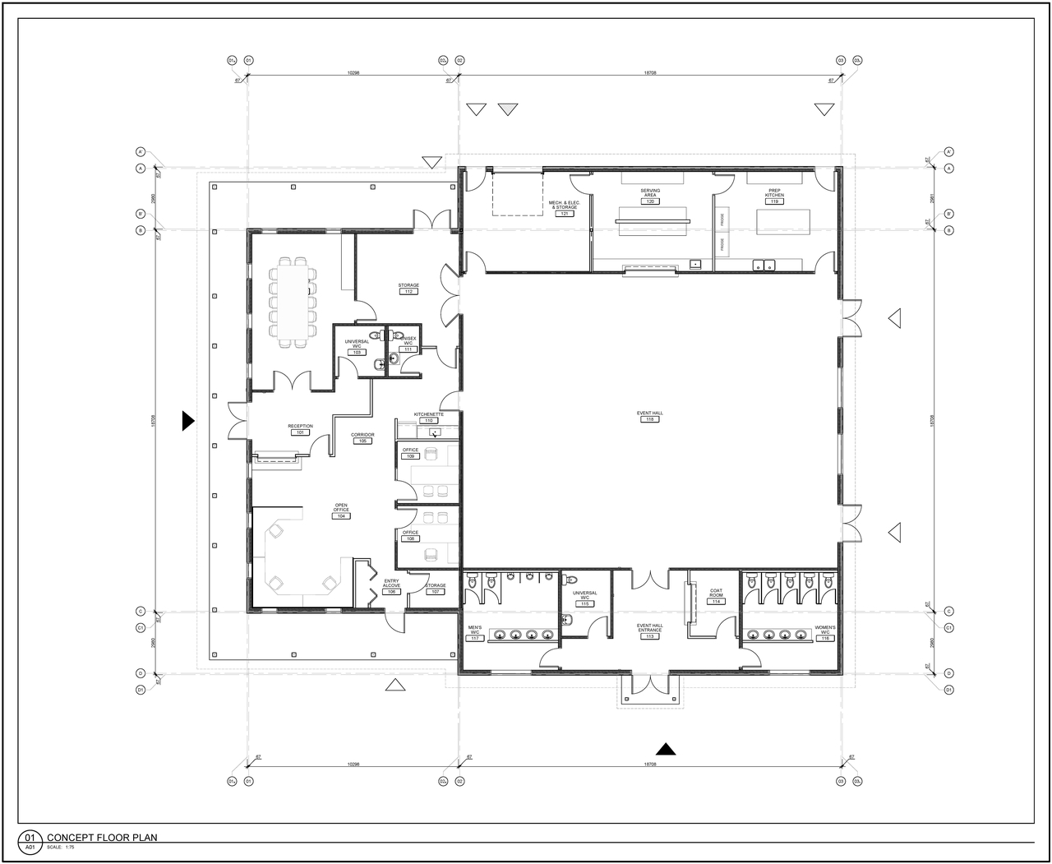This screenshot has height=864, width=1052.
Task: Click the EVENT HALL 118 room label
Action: point(649,416)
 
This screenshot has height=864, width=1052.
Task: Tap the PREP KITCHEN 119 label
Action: point(774,196)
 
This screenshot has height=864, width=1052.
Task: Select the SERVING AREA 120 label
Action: point(650,196)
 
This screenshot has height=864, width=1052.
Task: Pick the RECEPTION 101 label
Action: point(300,429)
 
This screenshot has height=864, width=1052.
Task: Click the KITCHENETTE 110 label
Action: point(428,417)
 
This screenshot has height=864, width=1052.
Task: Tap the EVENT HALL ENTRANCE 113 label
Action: point(649,631)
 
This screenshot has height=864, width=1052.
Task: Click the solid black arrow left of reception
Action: point(188,421)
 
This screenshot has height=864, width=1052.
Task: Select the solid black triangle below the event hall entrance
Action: point(666,748)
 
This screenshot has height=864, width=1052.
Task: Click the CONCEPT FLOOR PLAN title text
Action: point(102,838)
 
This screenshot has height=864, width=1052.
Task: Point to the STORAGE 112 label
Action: point(408,289)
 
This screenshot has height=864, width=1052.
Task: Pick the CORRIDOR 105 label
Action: point(362,437)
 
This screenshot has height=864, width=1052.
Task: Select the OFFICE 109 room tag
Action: point(410,453)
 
